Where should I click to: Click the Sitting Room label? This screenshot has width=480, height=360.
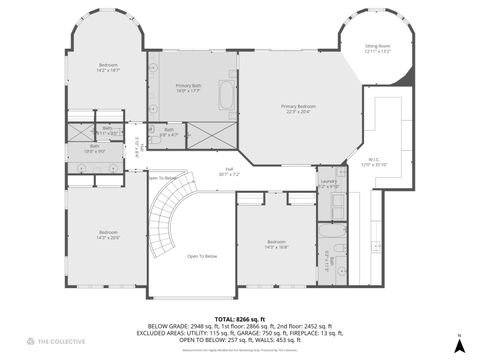coord(377,49)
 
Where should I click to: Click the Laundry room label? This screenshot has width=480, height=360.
coord(329,183)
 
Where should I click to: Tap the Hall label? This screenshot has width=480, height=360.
coord(229,171)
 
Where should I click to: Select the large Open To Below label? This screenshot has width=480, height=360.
coord(201,256)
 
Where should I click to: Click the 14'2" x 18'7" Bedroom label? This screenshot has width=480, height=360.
coord(108,68)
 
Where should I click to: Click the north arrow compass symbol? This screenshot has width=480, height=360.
coord(458,344)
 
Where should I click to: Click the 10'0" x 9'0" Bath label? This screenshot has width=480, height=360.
coord(93,149)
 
